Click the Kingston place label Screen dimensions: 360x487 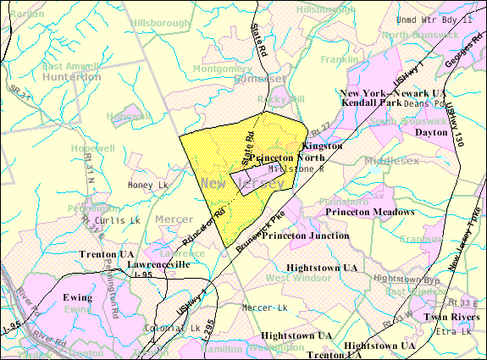(x=323, y=146)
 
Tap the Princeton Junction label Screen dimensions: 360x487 (x=304, y=235)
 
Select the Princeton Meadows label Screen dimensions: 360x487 (x=370, y=211)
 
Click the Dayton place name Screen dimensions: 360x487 (x=431, y=133)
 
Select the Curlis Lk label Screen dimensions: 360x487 (x=118, y=220)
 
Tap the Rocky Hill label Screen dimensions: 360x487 (x=281, y=99)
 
